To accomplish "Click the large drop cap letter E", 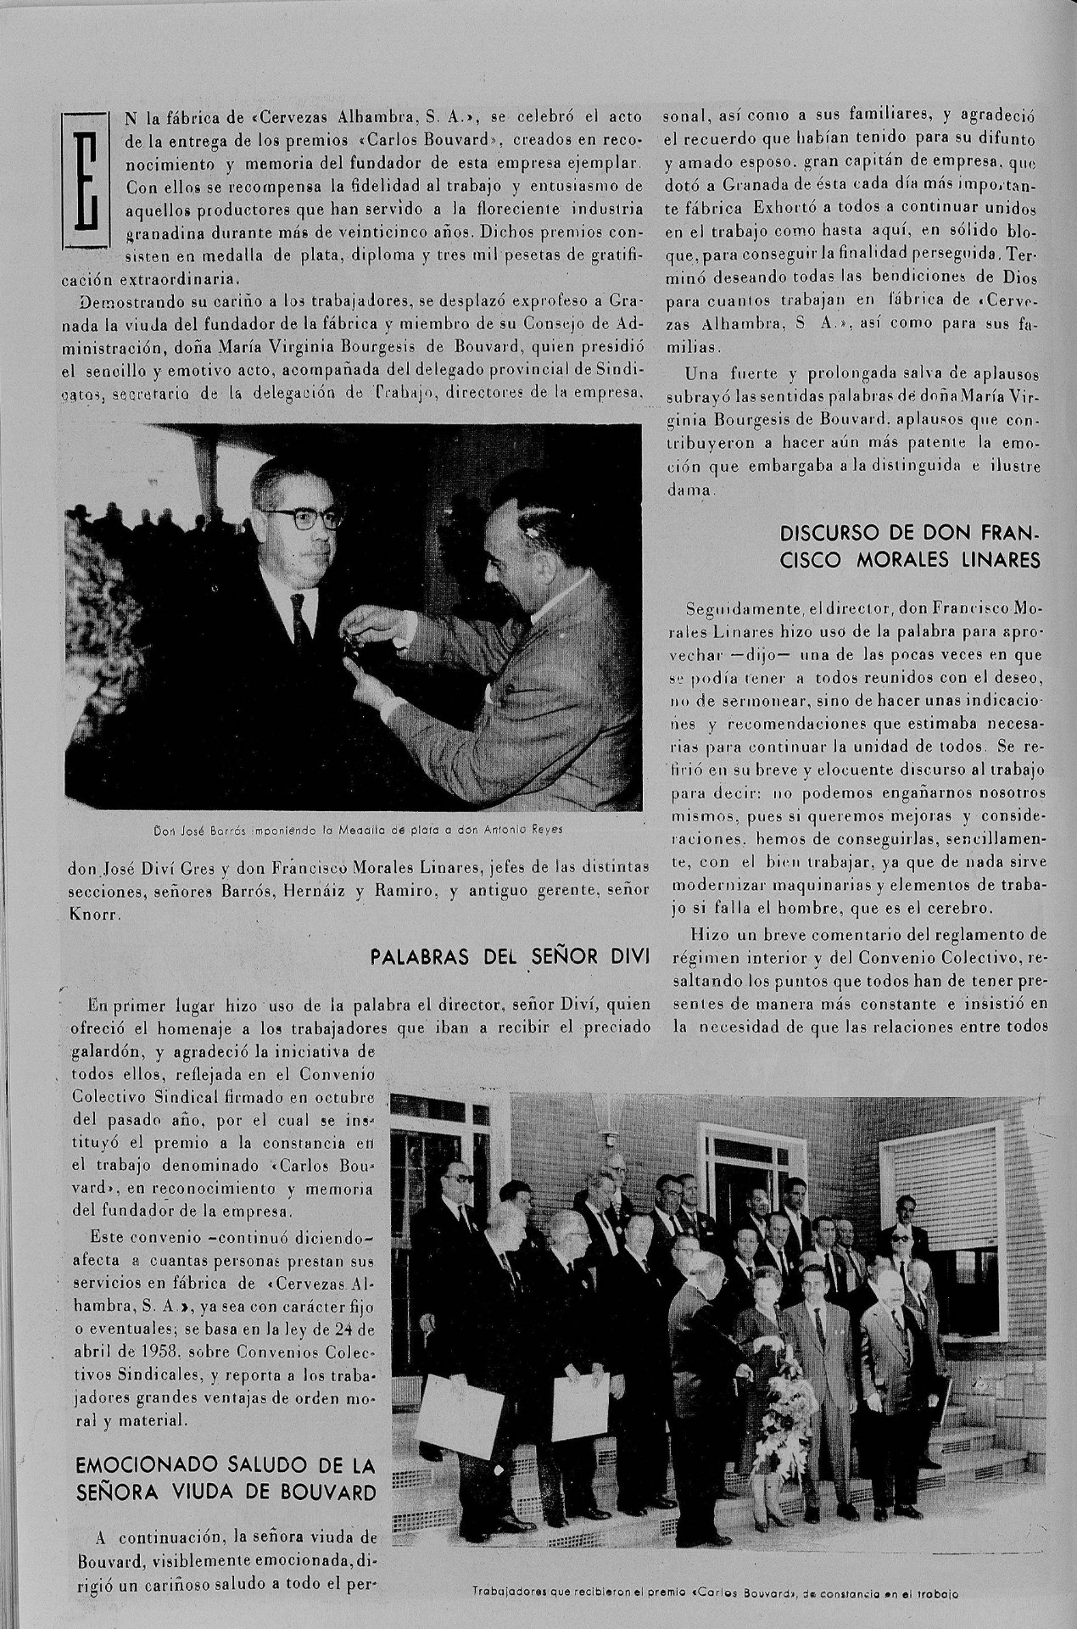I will (x=87, y=180).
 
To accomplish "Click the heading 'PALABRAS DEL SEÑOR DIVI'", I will (x=511, y=959).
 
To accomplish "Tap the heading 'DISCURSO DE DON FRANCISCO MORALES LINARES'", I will (x=910, y=547).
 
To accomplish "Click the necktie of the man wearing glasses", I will (x=299, y=619).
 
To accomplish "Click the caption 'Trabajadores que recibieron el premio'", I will (x=716, y=1593).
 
